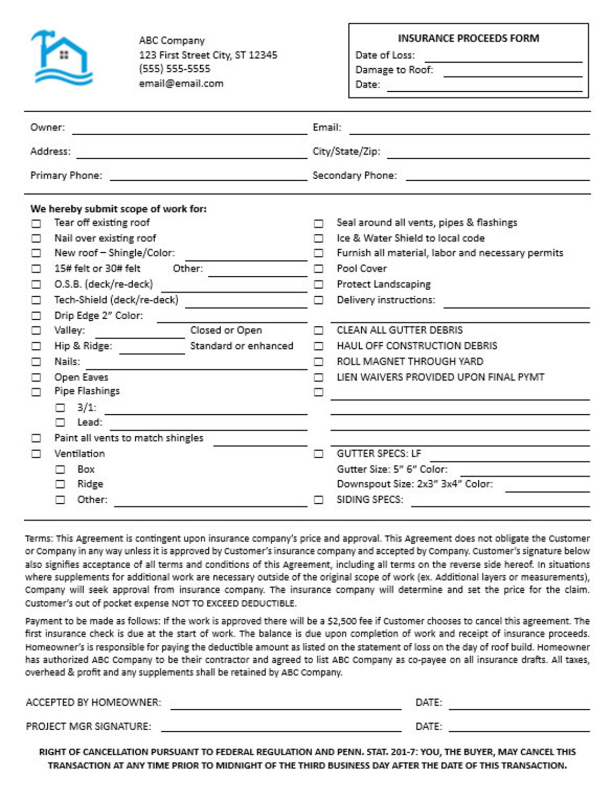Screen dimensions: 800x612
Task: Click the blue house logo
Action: (x=62, y=58)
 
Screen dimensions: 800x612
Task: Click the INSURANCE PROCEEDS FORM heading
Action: (x=468, y=38)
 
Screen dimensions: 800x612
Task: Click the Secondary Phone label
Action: (x=354, y=175)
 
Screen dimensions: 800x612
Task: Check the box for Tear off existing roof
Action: (x=36, y=223)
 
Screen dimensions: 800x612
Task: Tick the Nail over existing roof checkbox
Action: (x=36, y=238)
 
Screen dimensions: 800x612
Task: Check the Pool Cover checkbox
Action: (x=318, y=269)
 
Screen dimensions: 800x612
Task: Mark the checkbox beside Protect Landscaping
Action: (x=318, y=284)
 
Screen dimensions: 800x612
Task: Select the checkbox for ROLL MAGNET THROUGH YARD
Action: (x=318, y=362)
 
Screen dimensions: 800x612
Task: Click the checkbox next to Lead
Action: (x=60, y=423)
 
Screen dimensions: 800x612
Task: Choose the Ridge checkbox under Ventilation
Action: (x=60, y=485)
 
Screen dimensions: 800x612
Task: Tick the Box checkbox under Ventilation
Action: (x=60, y=469)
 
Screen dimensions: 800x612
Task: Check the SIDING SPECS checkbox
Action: (x=318, y=500)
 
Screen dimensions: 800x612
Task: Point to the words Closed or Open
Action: (x=226, y=330)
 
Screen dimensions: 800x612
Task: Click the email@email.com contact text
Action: (x=181, y=83)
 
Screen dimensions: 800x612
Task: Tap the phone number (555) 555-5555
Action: (x=174, y=69)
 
